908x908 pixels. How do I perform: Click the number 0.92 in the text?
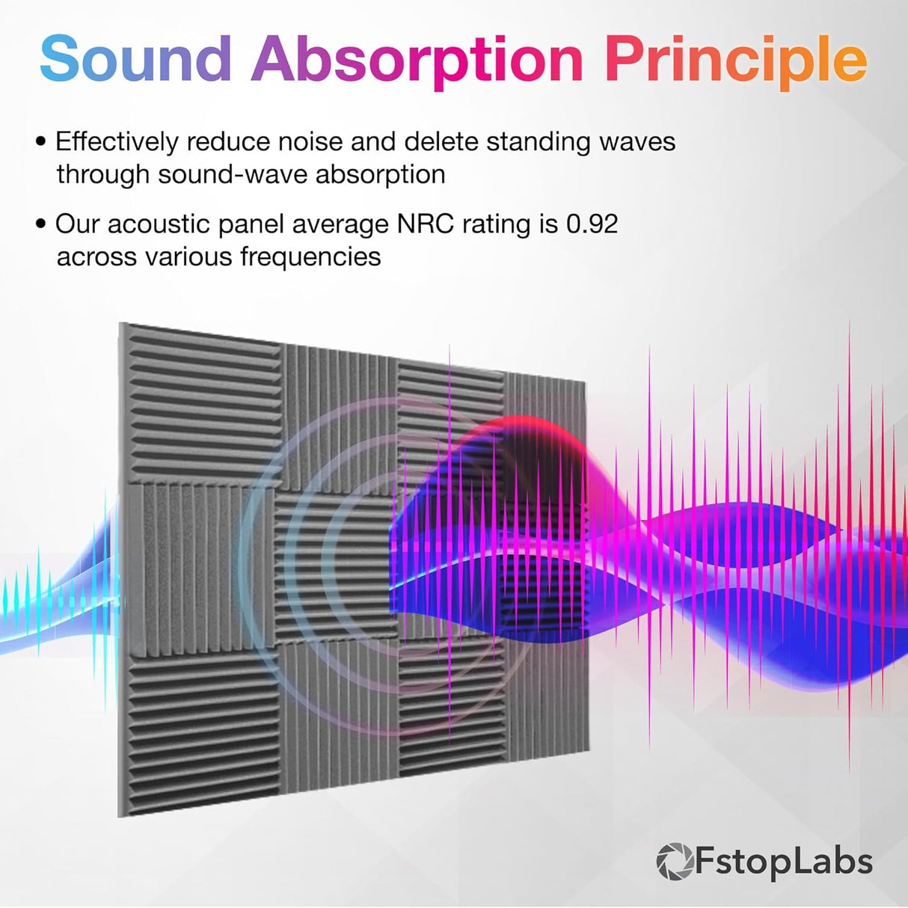(x=592, y=224)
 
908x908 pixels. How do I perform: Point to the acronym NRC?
(x=426, y=224)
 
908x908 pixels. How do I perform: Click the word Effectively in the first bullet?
(x=117, y=142)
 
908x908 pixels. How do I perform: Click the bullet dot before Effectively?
(x=42, y=142)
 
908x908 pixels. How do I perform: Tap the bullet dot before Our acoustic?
(x=42, y=224)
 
